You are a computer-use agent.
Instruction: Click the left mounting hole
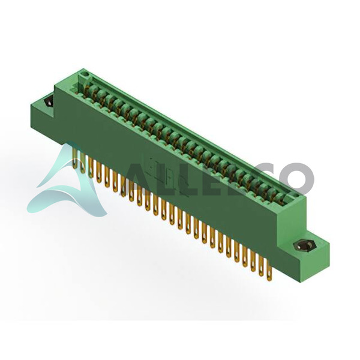(x=50, y=102)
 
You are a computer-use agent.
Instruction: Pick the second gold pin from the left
(x=83, y=162)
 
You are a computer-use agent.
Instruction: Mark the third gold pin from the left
(x=91, y=167)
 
